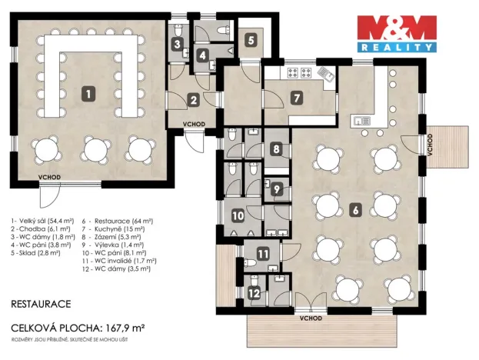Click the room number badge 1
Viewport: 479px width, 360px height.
pos(90,94)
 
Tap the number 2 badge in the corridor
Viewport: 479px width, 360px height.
pos(194,100)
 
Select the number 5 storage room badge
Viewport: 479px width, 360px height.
pos(251,41)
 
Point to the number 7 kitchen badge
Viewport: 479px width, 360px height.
pos(298,98)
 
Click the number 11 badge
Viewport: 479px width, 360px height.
pos(264,254)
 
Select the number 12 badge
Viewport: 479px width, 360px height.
pos(254,292)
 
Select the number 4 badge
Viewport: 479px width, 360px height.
pos(201,55)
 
